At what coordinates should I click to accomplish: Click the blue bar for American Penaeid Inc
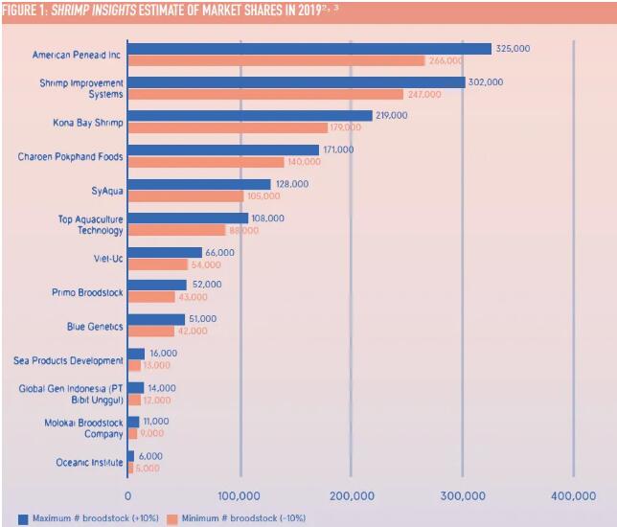coord(308,48)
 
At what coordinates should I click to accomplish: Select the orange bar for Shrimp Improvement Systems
coord(265,95)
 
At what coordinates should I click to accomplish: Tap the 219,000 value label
coord(391,115)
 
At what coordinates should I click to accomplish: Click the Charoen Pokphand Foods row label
coord(71,156)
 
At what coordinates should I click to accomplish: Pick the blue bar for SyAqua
coord(199,184)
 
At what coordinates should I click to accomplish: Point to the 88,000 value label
coord(243,231)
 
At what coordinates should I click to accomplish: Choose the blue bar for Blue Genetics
coord(156,319)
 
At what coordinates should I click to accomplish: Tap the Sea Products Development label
coord(69,360)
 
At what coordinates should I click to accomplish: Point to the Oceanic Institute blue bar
coord(131,456)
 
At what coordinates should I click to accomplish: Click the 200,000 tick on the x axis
coord(352,495)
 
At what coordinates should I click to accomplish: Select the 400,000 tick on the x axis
coord(573,495)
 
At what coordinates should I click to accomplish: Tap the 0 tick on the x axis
coord(128,495)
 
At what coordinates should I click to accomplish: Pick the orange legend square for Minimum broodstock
coord(172,518)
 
